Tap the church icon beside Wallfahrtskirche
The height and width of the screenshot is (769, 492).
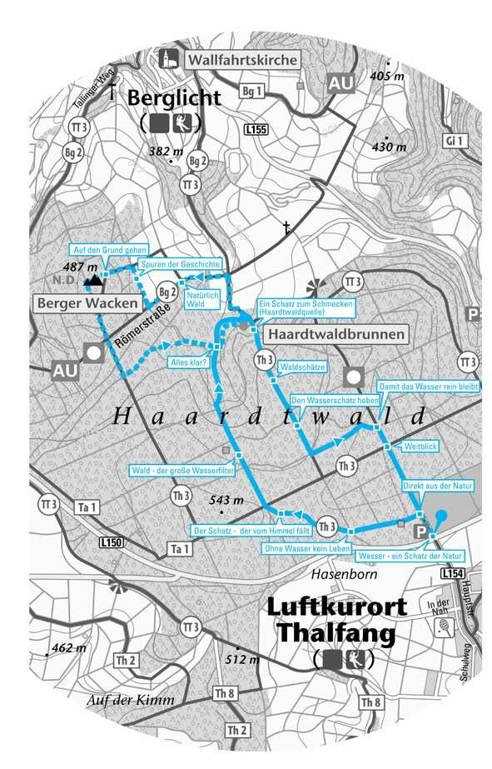coord(170,59)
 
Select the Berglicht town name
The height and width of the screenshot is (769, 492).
coord(174,98)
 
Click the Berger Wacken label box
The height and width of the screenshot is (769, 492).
coord(87,304)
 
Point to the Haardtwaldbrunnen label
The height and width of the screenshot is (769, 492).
coord(335,335)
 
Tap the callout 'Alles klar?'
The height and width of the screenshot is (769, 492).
coord(187,362)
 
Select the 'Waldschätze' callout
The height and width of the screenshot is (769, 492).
coord(302,366)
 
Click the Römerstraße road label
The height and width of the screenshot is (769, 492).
coord(142,326)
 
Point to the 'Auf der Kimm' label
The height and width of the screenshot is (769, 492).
coord(130,700)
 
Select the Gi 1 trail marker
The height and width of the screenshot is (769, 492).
coord(454,142)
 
